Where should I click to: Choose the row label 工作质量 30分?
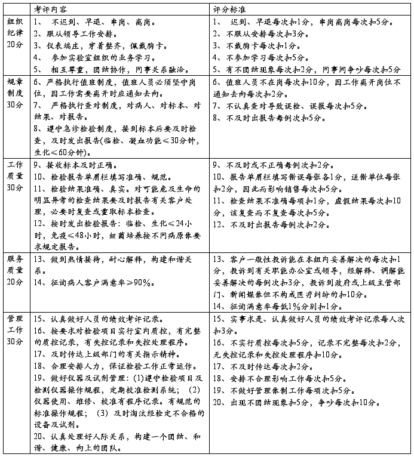(15, 175)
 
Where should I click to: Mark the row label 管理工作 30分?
(15, 330)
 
